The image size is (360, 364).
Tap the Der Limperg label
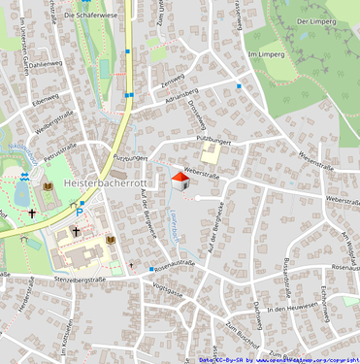(316, 20)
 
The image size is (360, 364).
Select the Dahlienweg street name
(45, 64)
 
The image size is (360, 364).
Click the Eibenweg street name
(45, 98)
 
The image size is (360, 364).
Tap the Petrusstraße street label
(60, 150)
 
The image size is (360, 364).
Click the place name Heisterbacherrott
(105, 182)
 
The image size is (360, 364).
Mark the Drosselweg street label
(198, 117)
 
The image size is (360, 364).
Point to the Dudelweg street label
(256, 315)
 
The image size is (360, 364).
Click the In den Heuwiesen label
(288, 308)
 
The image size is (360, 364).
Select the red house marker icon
(180, 179)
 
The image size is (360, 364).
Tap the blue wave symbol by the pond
(25, 177)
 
